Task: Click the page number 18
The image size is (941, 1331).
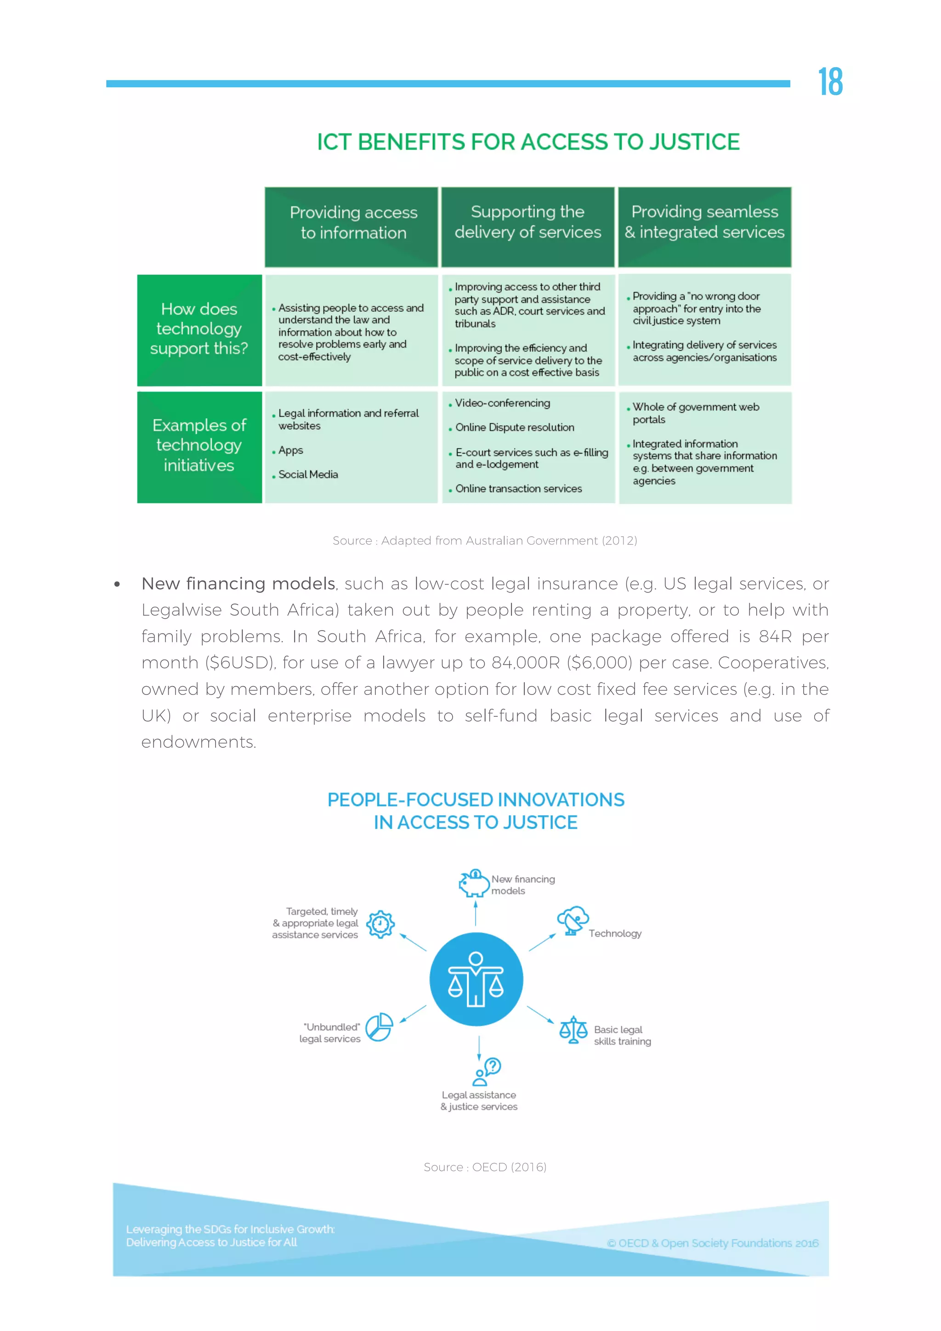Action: [x=830, y=82]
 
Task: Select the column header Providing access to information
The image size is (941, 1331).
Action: [x=353, y=222]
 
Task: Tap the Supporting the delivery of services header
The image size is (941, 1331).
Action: [x=527, y=222]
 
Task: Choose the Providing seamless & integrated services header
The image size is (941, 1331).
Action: [x=704, y=222]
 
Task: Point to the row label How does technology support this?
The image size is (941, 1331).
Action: [x=199, y=329]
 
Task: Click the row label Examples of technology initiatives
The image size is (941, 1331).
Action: [x=199, y=445]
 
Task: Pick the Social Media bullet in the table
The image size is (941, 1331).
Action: [x=308, y=474]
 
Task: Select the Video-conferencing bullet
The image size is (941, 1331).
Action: [x=502, y=403]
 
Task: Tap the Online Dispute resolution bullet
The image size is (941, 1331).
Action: [x=514, y=427]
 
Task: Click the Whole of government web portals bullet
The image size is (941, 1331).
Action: [x=695, y=413]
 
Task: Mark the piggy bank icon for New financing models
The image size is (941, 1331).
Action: [x=474, y=883]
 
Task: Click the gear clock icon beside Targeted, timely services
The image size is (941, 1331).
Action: [x=380, y=924]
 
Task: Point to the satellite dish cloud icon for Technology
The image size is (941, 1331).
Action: [x=573, y=920]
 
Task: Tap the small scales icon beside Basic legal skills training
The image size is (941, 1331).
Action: [x=573, y=1030]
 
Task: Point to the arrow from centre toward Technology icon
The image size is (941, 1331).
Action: [x=542, y=942]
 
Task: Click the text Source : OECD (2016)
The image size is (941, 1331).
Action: [x=485, y=1166]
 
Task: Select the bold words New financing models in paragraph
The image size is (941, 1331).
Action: [x=238, y=583]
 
